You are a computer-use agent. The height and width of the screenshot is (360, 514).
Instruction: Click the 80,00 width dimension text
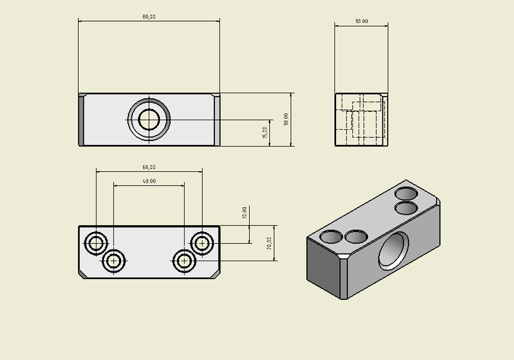coord(149,17)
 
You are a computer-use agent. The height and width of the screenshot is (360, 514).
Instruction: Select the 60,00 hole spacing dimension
coord(149,167)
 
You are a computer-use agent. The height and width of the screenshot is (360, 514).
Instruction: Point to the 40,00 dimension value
coord(149,181)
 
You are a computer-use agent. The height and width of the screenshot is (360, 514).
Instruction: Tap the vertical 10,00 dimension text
coord(245,212)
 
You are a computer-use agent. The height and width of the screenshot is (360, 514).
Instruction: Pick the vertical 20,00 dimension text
coord(269,243)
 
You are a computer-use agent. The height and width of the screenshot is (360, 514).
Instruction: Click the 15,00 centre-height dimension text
coord(265,133)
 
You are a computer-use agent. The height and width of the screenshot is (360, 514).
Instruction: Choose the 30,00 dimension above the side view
coord(361,22)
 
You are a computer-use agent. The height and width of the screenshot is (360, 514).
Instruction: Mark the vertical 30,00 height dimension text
coord(286,119)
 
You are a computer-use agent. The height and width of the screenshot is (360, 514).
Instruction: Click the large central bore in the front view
coord(149,119)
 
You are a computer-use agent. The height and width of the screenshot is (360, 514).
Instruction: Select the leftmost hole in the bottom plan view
coord(96,243)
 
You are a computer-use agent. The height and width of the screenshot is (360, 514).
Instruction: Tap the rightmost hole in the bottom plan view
coord(202,243)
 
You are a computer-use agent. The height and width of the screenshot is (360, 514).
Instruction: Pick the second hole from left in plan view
coord(114,261)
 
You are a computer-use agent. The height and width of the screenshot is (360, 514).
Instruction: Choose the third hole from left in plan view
coord(184,261)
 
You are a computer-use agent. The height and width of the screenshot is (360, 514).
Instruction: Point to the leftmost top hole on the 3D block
coord(331,237)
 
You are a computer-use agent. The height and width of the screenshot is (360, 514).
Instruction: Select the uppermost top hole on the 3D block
coord(406,194)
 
